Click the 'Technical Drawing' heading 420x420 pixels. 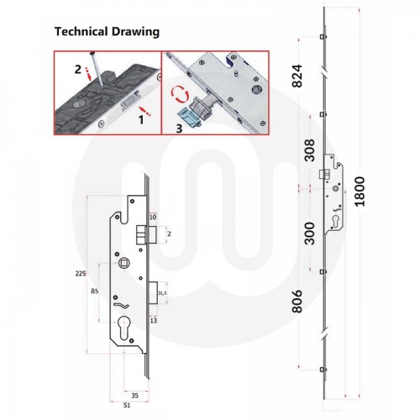[107, 32]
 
